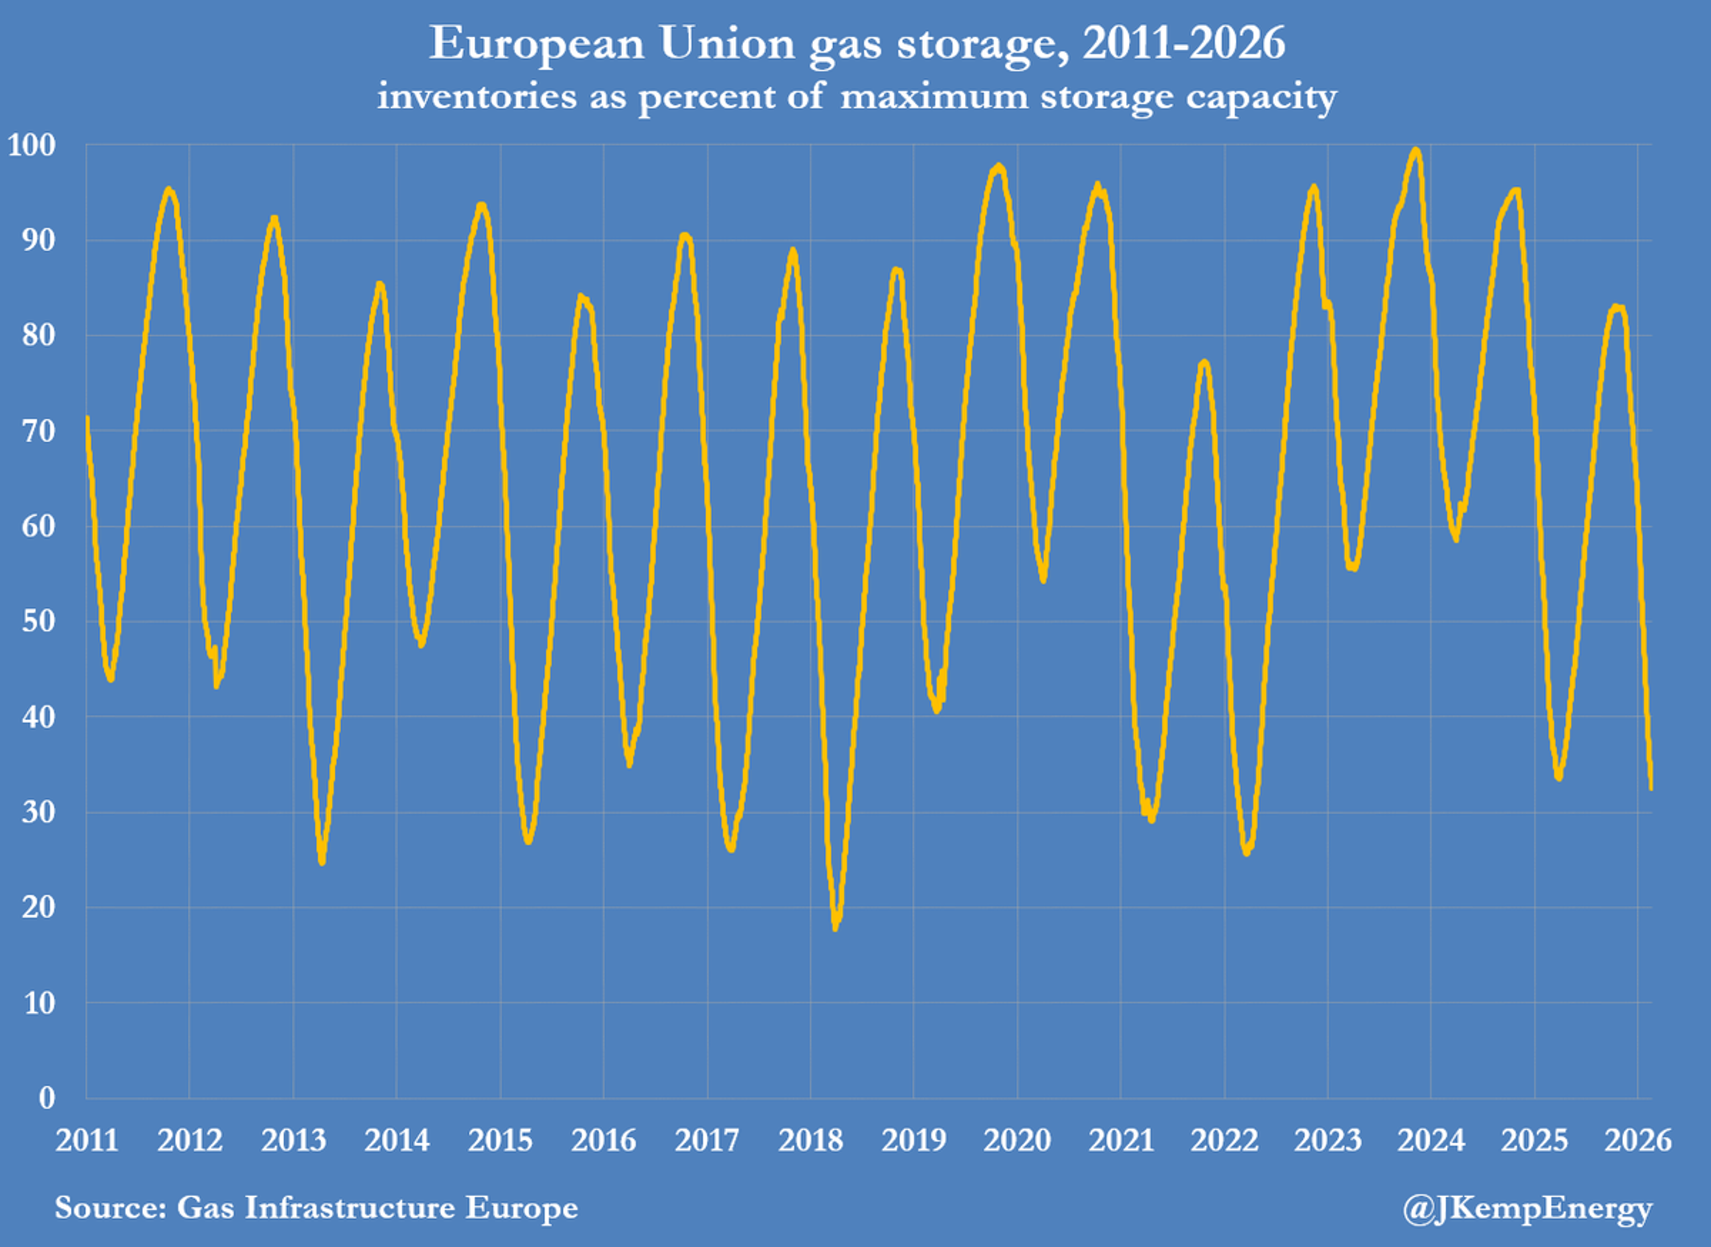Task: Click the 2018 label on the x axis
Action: coord(810,1140)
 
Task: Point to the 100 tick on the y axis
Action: coord(32,145)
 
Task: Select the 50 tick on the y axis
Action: coord(38,621)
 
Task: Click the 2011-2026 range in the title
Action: coord(1183,43)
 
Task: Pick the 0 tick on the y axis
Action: coord(47,1098)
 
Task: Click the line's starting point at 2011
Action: coord(88,417)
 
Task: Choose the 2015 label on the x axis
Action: coord(500,1140)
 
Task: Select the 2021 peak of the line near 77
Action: coord(1204,363)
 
